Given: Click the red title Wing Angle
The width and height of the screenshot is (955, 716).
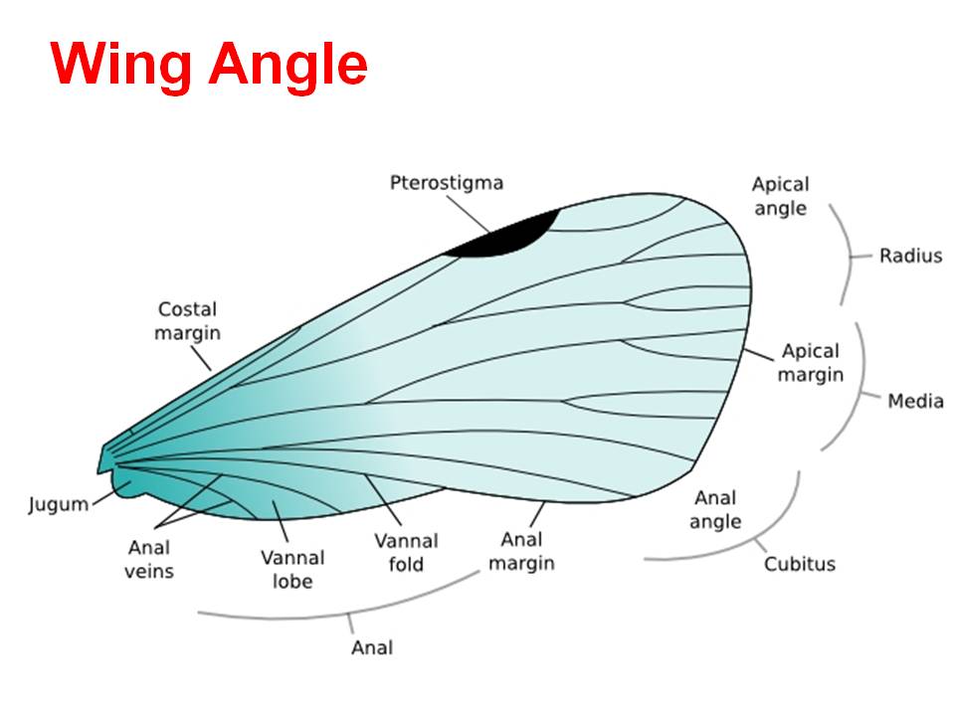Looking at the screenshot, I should pyautogui.click(x=210, y=65).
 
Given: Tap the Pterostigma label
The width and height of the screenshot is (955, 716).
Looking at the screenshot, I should pyautogui.click(x=447, y=183).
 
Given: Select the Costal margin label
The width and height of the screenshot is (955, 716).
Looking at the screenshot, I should pyautogui.click(x=187, y=321).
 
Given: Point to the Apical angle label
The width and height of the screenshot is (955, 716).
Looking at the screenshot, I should pyautogui.click(x=780, y=196).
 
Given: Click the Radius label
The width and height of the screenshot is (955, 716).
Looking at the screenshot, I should pyautogui.click(x=909, y=257).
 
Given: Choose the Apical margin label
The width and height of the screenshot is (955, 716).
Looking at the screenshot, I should pyautogui.click(x=810, y=363).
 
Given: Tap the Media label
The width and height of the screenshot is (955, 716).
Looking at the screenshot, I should pyautogui.click(x=915, y=402).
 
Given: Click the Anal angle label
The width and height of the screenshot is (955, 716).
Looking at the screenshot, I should pyautogui.click(x=716, y=509).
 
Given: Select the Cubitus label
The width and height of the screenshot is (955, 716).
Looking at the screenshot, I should pyautogui.click(x=800, y=565).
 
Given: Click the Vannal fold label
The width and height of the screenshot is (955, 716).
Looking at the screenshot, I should pyautogui.click(x=406, y=553).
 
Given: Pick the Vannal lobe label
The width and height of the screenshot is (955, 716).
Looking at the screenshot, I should pyautogui.click(x=292, y=569).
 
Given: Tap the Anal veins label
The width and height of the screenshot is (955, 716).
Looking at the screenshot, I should pyautogui.click(x=150, y=559).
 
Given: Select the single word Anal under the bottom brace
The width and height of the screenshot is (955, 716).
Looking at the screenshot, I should pyautogui.click(x=372, y=647).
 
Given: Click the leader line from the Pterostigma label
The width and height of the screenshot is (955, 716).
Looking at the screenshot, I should pyautogui.click(x=467, y=212).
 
